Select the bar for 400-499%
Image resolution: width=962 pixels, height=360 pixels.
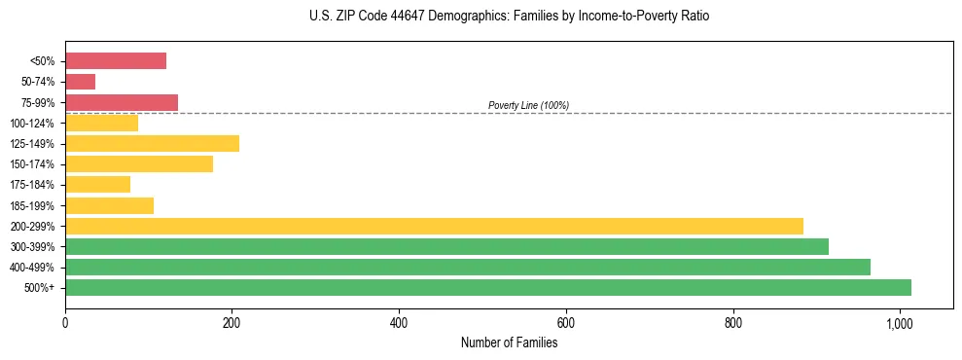pos(468,267)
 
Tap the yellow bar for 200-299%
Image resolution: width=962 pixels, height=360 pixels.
pos(434,226)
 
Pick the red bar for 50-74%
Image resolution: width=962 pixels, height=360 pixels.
pos(80,82)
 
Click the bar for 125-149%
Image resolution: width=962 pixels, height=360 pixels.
pos(152,144)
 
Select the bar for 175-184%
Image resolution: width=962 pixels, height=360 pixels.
pos(97,185)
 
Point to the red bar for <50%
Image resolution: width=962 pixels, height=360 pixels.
pos(116,61)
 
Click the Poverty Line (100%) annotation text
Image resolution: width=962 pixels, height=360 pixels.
pos(528,105)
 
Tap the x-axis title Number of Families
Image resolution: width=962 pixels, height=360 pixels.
pos(509,342)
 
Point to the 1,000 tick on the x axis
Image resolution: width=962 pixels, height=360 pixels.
pos(900,323)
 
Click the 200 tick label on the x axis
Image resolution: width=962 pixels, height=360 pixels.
pos(232,323)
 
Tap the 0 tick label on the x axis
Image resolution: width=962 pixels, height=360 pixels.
pos(65,323)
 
